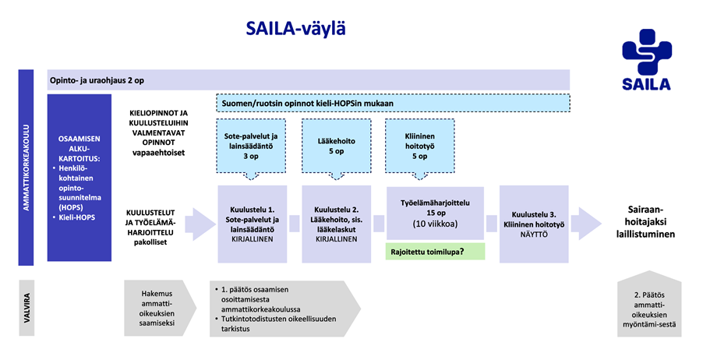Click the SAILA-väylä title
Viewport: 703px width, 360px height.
295,29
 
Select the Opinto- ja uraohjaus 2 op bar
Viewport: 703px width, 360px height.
308,80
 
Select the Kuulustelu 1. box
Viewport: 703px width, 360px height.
250,214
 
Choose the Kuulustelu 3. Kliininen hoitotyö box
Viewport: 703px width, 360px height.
535,214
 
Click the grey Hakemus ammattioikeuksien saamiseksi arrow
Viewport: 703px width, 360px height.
157,306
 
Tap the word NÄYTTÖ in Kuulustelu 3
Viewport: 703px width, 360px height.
535,232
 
